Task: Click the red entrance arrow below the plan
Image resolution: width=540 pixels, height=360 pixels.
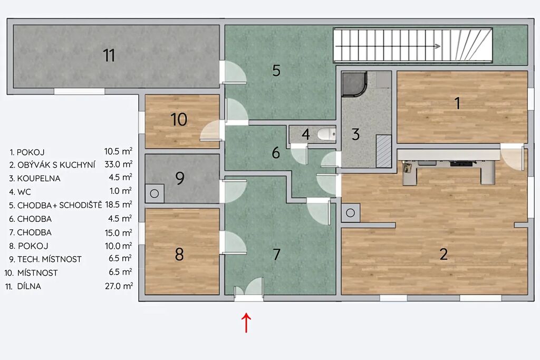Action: [246, 323]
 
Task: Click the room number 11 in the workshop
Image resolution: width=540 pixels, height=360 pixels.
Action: [109, 55]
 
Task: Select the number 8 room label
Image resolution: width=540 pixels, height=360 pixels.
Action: [179, 255]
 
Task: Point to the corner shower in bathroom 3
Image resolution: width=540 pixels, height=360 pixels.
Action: [353, 84]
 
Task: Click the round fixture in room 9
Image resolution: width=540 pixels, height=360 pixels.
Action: [155, 193]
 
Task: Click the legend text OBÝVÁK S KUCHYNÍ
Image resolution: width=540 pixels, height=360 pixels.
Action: [56, 165]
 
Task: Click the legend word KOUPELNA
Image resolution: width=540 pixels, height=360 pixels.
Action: [38, 178]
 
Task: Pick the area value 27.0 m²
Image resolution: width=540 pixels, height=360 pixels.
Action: [119, 286]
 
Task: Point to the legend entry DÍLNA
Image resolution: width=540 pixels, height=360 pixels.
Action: [29, 286]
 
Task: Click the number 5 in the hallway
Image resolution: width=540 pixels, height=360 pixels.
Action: [276, 71]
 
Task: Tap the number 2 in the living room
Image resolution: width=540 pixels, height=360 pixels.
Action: [443, 254]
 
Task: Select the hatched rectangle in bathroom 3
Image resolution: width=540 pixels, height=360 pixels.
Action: [383, 151]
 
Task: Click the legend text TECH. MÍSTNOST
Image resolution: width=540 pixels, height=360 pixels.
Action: [49, 259]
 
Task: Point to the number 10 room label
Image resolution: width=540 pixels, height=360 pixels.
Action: [179, 120]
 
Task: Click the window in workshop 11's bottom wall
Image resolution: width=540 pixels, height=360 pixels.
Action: [79, 91]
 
